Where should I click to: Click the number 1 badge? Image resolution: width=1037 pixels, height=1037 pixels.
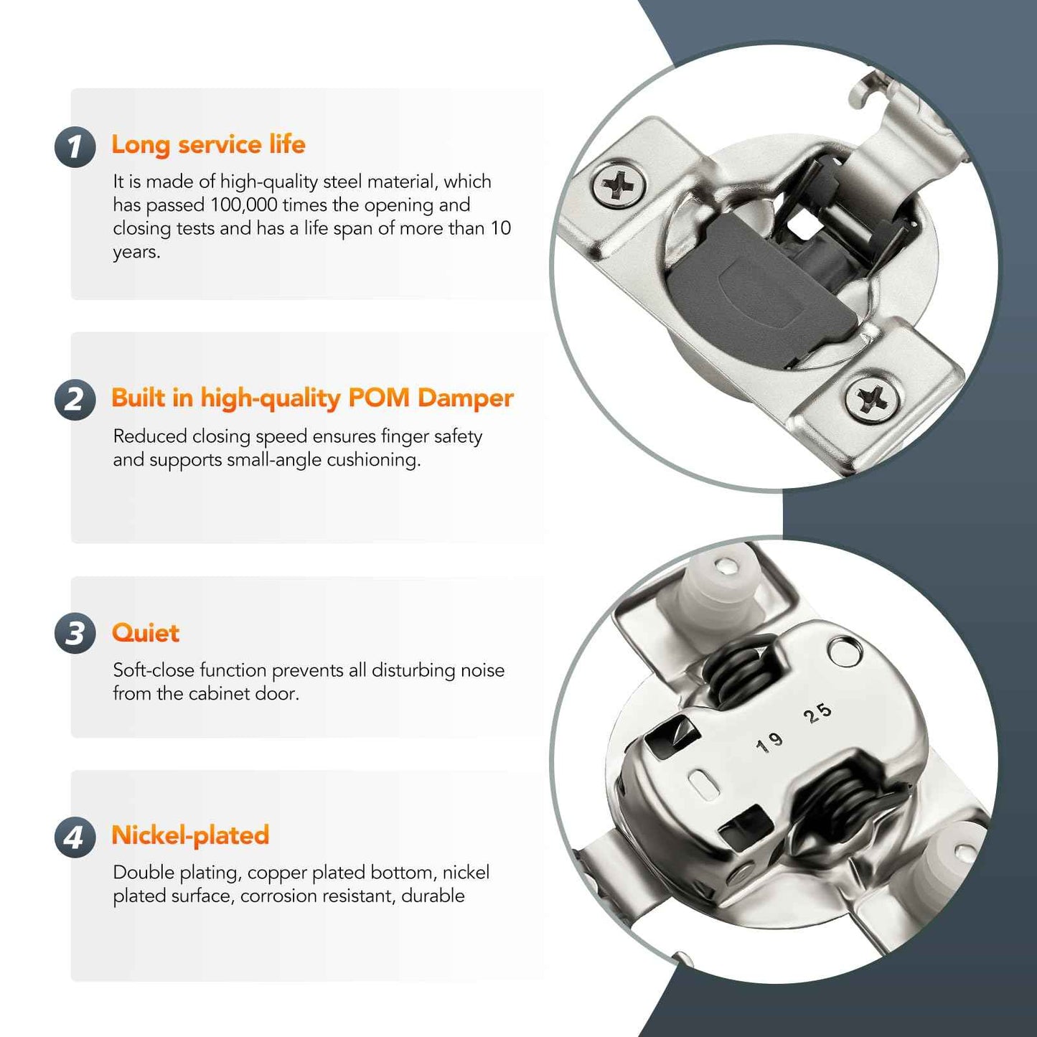point(75,147)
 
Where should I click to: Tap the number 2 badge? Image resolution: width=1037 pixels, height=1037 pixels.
point(75,400)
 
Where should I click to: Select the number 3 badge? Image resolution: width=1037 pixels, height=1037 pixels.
point(75,634)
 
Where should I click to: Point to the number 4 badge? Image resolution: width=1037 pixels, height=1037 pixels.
point(75,837)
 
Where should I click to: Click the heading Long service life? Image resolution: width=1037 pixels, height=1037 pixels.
point(208,144)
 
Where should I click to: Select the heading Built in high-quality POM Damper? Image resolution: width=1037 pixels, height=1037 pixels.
point(312,398)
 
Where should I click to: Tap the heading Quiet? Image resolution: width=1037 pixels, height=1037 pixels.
point(146,632)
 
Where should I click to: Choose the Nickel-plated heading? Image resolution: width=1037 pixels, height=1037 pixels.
point(190,835)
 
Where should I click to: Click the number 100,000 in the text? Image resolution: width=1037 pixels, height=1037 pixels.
point(243,205)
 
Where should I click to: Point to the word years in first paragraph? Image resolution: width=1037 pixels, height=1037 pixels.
point(136,253)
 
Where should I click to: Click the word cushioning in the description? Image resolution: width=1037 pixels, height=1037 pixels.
point(373,460)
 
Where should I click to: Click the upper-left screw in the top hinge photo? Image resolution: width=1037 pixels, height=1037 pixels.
point(619,186)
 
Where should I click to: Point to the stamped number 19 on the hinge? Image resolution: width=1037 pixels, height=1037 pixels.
point(769,743)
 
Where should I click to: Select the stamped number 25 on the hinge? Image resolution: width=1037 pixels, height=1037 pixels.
point(817,713)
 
